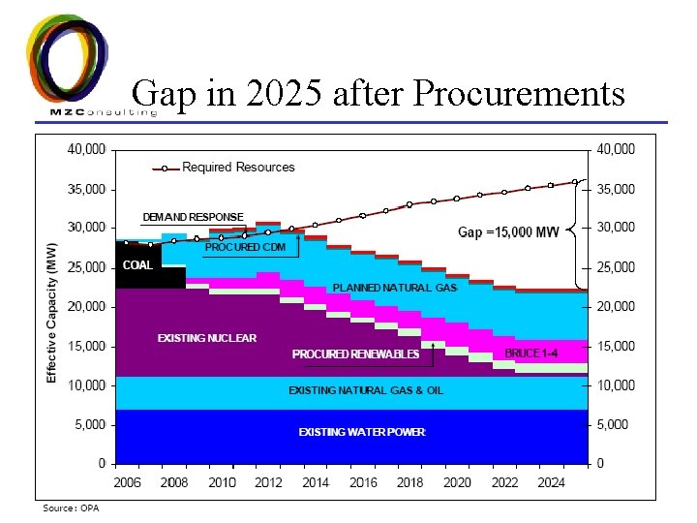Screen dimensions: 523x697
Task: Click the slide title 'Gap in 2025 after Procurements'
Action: point(379,94)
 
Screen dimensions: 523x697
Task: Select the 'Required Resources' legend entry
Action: point(238,168)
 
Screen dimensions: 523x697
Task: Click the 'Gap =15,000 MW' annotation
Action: point(507,232)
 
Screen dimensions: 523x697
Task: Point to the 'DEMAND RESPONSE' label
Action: point(193,217)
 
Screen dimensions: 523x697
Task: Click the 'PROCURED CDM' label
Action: point(245,247)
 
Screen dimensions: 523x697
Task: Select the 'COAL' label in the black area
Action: point(136,265)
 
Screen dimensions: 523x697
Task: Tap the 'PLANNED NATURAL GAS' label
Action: point(394,288)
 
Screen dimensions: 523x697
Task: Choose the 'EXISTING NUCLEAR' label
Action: point(207,338)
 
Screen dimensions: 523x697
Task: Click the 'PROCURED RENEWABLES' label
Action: point(355,354)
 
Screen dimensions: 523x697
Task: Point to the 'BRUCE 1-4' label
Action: point(530,354)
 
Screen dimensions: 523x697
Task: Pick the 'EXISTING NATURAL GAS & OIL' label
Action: point(366,390)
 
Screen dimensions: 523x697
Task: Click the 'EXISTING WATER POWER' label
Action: point(361,432)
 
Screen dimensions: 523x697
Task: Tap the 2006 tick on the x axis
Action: point(128,482)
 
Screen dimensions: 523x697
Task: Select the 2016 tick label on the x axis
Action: point(363,482)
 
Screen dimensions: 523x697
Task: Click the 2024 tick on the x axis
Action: point(551,482)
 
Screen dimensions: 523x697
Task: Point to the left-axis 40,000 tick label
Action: point(87,149)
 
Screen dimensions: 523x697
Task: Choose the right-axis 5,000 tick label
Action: point(616,424)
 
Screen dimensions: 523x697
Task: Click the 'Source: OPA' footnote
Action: point(71,508)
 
